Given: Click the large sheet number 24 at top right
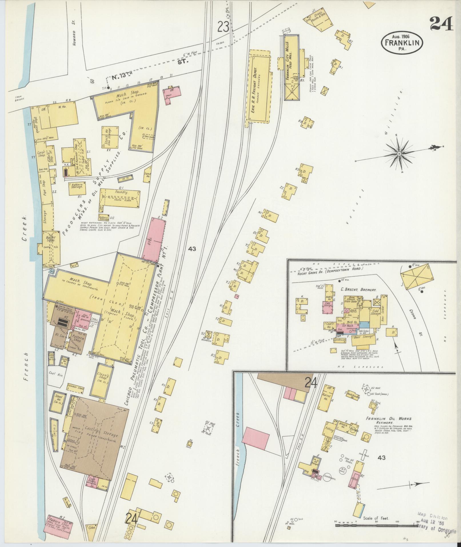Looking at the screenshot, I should (441, 23).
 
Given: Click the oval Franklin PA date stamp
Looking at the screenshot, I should (402, 42).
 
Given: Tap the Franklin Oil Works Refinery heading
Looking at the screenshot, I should (393, 420).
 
